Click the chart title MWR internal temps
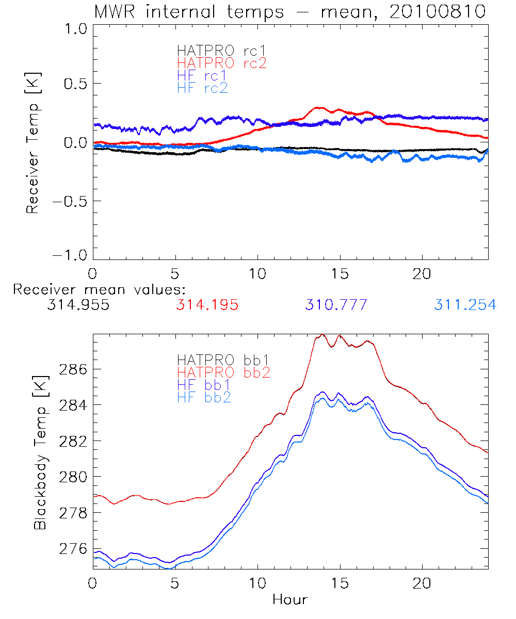tap(289, 11)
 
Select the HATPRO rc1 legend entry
tap(222, 51)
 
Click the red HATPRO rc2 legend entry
tap(222, 63)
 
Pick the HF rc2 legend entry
tap(202, 88)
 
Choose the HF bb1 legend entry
tap(204, 384)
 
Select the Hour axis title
tap(290, 599)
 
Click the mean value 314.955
tap(78, 305)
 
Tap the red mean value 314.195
tap(207, 305)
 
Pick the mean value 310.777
tap(336, 305)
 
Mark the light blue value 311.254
tap(465, 305)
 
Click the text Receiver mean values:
tap(99, 289)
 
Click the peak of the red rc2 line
tap(318, 108)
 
